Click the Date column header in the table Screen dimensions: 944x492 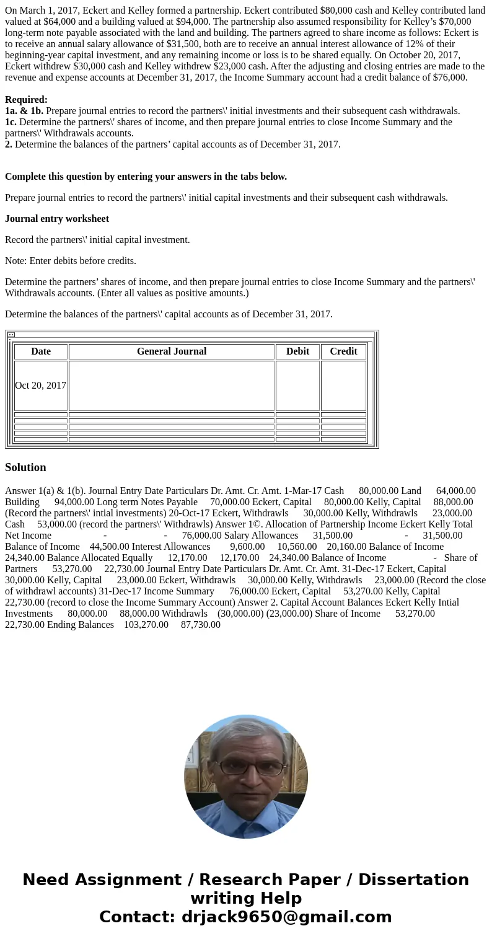pos(41,351)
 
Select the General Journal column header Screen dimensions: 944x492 pos(172,351)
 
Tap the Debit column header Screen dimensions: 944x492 pos(297,351)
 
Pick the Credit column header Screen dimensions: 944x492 pos(343,351)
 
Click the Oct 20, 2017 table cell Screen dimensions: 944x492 pos(40,386)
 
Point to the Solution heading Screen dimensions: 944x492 pos(25,467)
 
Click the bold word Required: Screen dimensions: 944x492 pos(26,100)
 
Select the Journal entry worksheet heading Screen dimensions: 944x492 pos(57,219)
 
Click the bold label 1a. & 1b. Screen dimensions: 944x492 pos(24,111)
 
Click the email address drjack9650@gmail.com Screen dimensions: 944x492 pos(286,917)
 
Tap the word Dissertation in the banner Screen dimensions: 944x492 pos(413,880)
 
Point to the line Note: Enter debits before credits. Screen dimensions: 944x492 pos(71,261)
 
